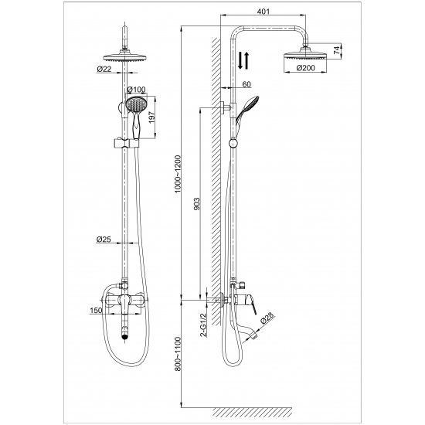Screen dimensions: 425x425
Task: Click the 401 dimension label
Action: (x=263, y=11)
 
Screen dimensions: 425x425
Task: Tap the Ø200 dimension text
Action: (x=306, y=67)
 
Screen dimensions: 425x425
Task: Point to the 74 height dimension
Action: (x=336, y=50)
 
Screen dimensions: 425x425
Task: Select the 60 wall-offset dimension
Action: (x=246, y=84)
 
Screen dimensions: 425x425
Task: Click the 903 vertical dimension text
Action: (x=197, y=203)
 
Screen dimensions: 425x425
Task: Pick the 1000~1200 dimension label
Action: (x=178, y=174)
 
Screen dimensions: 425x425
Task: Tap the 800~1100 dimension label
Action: (x=178, y=354)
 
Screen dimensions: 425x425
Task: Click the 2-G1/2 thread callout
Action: (x=203, y=325)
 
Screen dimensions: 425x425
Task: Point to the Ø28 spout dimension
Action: (x=267, y=318)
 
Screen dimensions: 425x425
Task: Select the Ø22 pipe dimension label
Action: (x=104, y=69)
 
